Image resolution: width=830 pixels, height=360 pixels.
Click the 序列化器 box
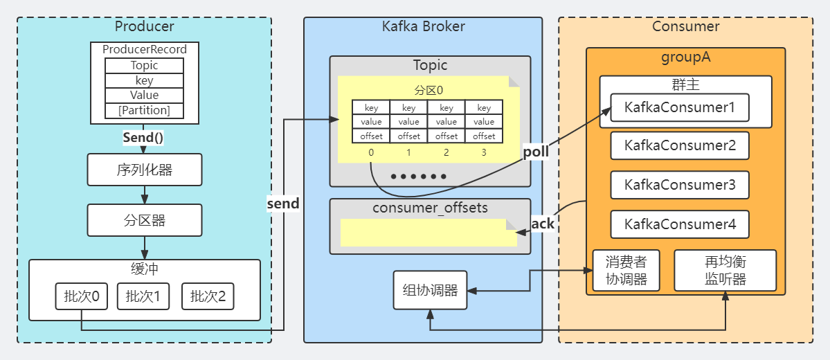144,170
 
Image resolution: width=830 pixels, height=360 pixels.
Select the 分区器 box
144,220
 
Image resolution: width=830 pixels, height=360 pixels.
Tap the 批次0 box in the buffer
82,297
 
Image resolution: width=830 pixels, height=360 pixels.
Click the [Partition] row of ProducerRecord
144,110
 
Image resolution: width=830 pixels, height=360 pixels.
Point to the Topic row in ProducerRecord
144,66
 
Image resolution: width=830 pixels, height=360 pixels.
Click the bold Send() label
143,137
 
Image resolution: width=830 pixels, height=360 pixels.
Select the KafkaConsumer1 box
679,108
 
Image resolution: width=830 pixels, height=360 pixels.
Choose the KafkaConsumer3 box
679,185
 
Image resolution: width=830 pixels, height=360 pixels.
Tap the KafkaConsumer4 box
679,224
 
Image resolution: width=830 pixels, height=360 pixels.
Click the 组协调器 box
430,290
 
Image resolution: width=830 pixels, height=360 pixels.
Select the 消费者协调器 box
626,271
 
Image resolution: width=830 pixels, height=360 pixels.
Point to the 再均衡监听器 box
725,271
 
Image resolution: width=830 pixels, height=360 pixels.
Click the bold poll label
536,152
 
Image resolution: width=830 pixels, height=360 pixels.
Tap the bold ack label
543,224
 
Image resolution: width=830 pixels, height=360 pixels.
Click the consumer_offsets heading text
430,208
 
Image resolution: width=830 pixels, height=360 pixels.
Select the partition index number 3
484,152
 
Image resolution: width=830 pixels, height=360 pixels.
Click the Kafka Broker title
423,26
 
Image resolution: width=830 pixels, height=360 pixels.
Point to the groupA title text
685,57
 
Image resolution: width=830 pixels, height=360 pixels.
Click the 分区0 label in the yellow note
428,91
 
